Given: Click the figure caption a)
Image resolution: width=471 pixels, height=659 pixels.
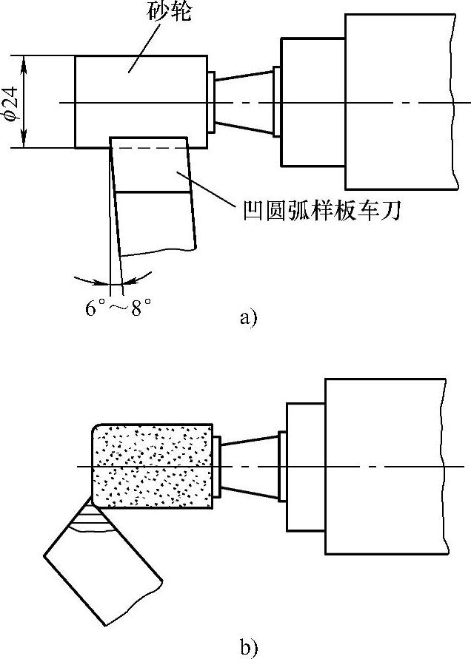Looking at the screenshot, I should pos(247,318).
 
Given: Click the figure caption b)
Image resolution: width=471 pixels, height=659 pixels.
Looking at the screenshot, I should pos(247,649).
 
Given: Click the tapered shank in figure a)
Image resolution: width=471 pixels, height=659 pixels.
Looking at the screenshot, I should pos(244,104).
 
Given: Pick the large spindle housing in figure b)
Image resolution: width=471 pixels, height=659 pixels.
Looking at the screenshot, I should pos(385,466).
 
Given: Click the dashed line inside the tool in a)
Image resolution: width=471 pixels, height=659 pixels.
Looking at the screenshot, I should pos(148,149).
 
